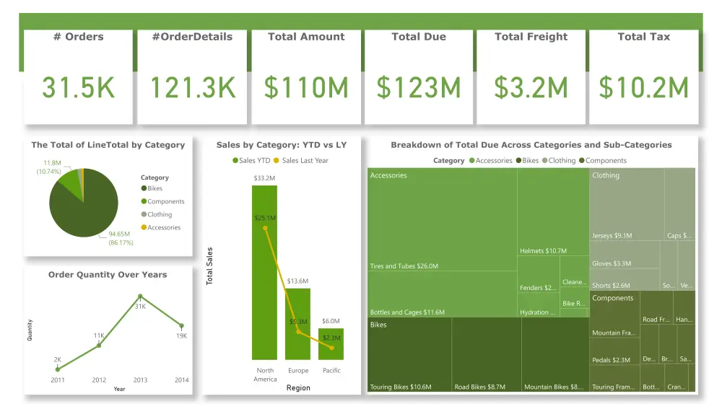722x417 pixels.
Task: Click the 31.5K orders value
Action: click(x=78, y=88)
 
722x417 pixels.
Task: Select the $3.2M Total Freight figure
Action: click(x=531, y=88)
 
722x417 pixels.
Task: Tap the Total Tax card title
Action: click(x=643, y=37)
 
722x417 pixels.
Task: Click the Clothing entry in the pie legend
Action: click(x=160, y=214)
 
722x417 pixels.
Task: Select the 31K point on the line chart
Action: click(x=140, y=297)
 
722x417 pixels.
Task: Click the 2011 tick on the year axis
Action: click(x=58, y=379)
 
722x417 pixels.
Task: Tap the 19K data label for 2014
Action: click(x=181, y=336)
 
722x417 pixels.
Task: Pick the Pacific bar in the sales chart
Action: click(x=331, y=344)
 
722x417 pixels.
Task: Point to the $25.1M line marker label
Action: click(x=265, y=218)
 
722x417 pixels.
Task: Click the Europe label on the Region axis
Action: click(x=298, y=371)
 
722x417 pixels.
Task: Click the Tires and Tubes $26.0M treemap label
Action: click(x=404, y=266)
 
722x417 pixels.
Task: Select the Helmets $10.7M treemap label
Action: click(x=543, y=251)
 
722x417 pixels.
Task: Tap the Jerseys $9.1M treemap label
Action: click(x=612, y=236)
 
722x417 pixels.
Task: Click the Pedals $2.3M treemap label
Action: click(x=611, y=360)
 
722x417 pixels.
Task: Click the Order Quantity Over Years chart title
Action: click(x=108, y=275)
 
